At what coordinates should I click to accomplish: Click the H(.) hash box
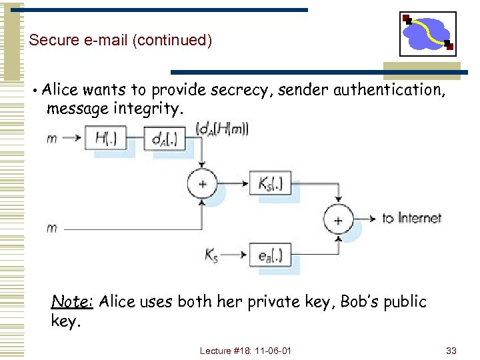[x=107, y=139]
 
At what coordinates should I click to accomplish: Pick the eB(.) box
[x=270, y=254]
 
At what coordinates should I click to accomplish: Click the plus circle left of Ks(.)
[x=202, y=183]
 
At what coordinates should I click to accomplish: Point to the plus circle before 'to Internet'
[x=339, y=219]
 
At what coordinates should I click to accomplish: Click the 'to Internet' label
[x=411, y=218]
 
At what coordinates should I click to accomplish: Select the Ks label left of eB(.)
[x=212, y=255]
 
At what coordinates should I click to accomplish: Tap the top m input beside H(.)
[x=52, y=139]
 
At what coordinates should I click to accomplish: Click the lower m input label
[x=52, y=228]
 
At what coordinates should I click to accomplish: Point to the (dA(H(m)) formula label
[x=223, y=129]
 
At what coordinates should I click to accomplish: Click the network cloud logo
[x=428, y=34]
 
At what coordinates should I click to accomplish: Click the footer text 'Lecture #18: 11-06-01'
[x=245, y=351]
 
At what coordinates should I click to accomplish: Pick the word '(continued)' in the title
[x=172, y=40]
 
